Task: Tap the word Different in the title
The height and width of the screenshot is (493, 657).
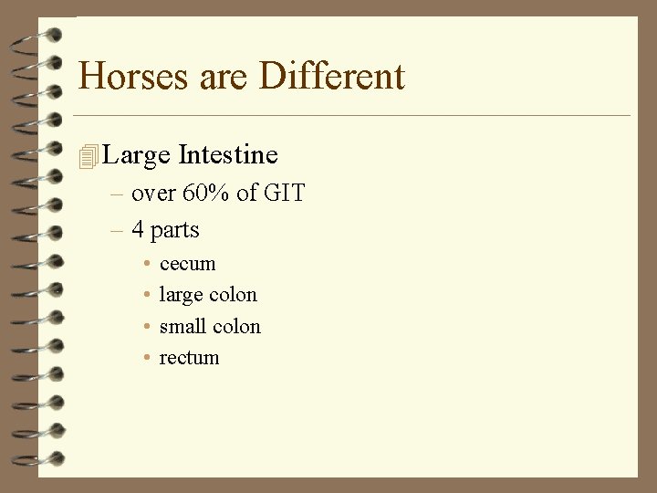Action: click(x=331, y=76)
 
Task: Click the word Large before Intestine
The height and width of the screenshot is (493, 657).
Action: click(x=137, y=156)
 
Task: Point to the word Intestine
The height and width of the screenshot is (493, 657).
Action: click(x=228, y=155)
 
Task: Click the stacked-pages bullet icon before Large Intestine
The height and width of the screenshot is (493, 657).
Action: click(x=88, y=157)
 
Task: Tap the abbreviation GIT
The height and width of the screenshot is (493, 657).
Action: click(x=284, y=194)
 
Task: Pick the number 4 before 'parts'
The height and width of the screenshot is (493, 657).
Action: click(x=138, y=230)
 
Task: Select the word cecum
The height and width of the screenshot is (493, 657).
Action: click(x=188, y=265)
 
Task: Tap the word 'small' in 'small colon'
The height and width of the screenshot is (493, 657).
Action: click(x=182, y=326)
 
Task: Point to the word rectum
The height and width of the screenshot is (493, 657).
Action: click(x=190, y=358)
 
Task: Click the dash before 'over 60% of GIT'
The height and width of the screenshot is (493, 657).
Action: click(x=116, y=194)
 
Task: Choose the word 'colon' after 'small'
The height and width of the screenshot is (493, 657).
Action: click(x=235, y=326)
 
